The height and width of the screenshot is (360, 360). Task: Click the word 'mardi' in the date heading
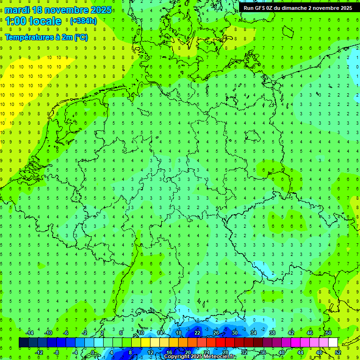pos(17,10)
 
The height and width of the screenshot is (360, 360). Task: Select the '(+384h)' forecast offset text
pos(83,21)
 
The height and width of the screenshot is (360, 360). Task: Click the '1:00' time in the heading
pos(15,21)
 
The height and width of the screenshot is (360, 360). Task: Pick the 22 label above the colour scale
pos(197,333)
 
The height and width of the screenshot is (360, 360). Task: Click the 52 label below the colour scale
pos(337,352)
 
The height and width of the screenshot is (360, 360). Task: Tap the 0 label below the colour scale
pos(93,352)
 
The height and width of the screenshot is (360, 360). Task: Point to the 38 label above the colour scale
pos(272,333)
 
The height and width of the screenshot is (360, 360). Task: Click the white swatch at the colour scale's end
pos(333,342)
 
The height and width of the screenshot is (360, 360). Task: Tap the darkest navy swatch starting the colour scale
pos(23,342)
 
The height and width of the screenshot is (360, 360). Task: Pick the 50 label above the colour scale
pos(328,333)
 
